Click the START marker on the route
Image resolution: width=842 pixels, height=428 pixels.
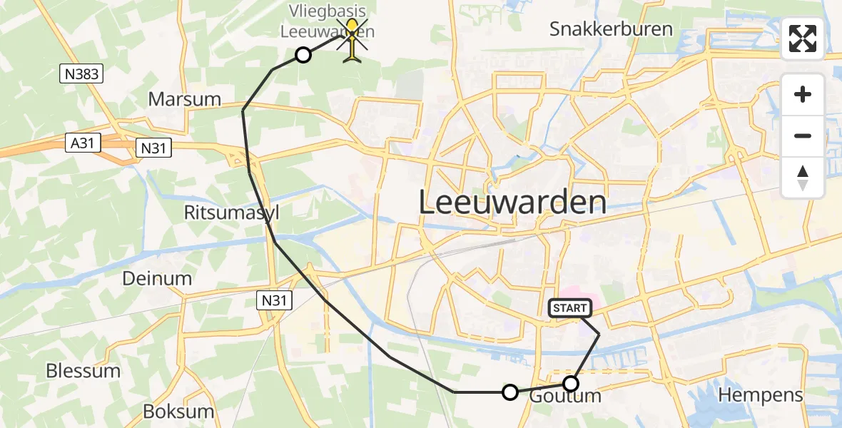point(569,308)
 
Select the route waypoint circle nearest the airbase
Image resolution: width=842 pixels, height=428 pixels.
point(303,55)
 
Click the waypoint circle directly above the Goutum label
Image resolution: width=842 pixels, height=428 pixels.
point(570,383)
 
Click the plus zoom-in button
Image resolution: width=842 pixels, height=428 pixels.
point(803,94)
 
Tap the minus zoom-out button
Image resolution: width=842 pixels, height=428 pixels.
point(803,136)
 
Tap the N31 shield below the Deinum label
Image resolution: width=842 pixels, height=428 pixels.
point(274,301)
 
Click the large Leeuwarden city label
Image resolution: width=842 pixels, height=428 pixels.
point(512,203)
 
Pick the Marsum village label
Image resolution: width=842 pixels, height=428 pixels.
point(184,99)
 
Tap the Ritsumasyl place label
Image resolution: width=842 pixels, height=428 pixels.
point(231,213)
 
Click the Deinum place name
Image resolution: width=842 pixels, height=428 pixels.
point(157,278)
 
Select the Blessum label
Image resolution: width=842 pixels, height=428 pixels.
point(83,371)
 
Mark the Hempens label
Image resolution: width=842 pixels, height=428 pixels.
point(761,394)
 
